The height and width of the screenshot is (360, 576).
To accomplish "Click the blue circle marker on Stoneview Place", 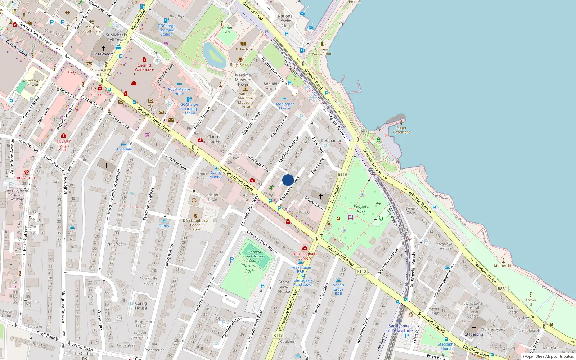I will [288, 180].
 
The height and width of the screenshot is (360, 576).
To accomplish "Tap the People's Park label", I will [361, 209].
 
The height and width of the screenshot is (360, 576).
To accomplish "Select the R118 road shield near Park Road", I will [342, 175].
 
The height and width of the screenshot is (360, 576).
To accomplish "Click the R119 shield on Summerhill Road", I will [361, 271].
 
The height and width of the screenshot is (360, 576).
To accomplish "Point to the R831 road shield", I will [502, 289].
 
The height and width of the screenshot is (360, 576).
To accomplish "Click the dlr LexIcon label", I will [244, 49].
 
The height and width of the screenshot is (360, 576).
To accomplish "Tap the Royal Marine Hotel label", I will [179, 91].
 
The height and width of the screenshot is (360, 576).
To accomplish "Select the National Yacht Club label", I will [285, 21].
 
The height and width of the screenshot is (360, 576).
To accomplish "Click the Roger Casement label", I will [401, 130].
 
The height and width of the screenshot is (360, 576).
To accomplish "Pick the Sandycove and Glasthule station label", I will [399, 328].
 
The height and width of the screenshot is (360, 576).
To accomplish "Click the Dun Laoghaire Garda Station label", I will [195, 225].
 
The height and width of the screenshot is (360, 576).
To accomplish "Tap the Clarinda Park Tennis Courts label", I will [254, 256].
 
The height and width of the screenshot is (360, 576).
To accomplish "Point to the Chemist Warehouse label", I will [144, 68].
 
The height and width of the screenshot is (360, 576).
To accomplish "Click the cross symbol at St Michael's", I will [104, 48].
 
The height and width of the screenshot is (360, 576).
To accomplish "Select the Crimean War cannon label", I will [322, 51].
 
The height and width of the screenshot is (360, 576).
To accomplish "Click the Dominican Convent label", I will [32, 83].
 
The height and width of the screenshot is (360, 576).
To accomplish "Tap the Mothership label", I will [504, 266].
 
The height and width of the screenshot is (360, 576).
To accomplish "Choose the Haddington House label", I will [284, 106].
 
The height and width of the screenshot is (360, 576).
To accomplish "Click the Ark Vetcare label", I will [26, 178].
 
